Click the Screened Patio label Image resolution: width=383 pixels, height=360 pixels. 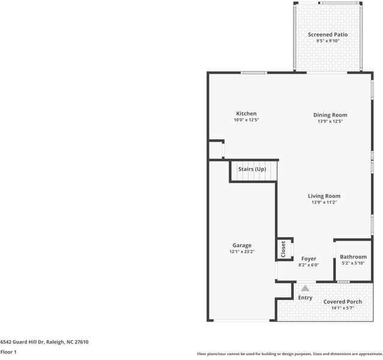327,35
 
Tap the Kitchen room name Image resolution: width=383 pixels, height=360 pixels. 246,113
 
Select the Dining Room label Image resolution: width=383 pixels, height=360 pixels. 330,115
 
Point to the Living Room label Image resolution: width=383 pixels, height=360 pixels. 324,196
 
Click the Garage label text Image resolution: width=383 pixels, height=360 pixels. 242,245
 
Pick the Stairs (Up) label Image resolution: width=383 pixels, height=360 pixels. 252,169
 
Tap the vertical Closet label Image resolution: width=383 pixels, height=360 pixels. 284,249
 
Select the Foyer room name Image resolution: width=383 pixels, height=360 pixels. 309,259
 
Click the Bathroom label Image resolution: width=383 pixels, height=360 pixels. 353,257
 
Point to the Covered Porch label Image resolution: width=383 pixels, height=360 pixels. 343,302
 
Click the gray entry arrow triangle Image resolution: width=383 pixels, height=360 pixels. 305,289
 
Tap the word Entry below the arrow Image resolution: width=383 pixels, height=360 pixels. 305,298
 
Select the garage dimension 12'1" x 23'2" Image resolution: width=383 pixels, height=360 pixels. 242,251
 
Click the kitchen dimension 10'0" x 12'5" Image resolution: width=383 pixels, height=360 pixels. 246,120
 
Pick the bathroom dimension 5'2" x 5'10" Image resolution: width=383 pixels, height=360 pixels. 353,263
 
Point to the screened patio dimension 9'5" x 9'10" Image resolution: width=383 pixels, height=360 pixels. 328,41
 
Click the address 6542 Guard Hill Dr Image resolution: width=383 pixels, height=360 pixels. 22,342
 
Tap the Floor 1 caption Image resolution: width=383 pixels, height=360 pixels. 8,352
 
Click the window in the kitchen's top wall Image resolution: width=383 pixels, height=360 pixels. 254,73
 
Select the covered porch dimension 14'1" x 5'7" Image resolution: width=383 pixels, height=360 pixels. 343,308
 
